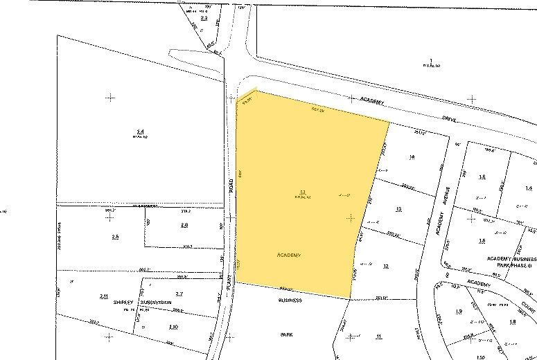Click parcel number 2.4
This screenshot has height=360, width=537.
140,131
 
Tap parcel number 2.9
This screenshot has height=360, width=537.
184,226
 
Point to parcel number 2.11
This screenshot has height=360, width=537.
103,296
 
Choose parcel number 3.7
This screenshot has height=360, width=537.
179,294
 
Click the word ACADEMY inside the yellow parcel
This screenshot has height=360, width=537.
288,255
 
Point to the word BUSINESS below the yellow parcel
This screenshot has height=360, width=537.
290,301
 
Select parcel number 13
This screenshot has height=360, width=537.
398,208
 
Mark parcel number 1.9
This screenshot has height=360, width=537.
459,312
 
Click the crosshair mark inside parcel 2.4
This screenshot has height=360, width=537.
110,98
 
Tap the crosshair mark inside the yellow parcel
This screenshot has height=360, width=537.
351,217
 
